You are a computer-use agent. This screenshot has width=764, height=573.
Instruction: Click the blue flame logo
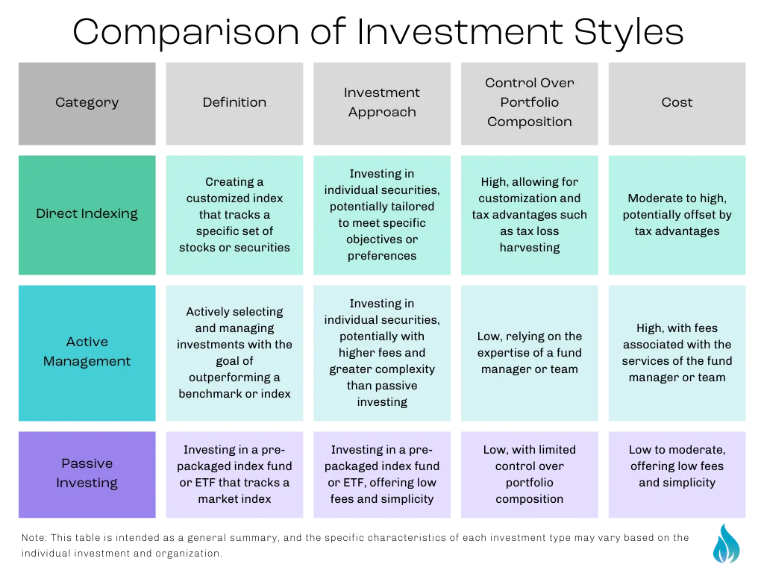(x=726, y=543)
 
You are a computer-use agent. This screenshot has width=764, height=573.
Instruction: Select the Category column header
(x=87, y=104)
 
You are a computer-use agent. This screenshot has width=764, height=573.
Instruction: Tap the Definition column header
(x=234, y=104)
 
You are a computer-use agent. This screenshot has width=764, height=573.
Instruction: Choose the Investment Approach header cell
(x=382, y=104)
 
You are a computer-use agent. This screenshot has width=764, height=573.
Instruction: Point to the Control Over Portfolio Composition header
(x=530, y=104)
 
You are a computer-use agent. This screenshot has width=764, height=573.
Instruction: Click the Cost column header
(x=677, y=104)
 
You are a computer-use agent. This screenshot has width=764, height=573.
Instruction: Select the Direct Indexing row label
(x=87, y=215)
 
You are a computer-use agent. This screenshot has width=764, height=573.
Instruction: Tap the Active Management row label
(x=87, y=353)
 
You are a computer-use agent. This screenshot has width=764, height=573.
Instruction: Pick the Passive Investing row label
(x=87, y=475)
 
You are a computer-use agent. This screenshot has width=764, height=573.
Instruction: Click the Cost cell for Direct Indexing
(x=677, y=215)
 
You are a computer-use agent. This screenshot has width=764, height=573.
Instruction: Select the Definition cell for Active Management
(x=234, y=353)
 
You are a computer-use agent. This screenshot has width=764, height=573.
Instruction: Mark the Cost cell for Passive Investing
(x=677, y=475)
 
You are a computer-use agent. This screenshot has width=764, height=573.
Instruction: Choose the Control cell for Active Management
(x=530, y=353)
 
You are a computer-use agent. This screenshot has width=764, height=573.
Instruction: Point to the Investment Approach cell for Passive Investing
(x=382, y=475)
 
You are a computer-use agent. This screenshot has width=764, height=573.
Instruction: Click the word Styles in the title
(x=628, y=33)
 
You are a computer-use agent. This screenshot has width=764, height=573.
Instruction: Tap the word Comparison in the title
(x=186, y=33)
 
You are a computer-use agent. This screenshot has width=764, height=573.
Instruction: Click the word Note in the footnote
(x=34, y=537)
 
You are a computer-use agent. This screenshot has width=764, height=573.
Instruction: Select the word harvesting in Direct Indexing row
(x=530, y=248)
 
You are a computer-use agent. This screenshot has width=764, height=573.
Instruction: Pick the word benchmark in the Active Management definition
(x=210, y=394)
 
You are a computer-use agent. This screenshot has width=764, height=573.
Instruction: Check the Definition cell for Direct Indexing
(x=234, y=215)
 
